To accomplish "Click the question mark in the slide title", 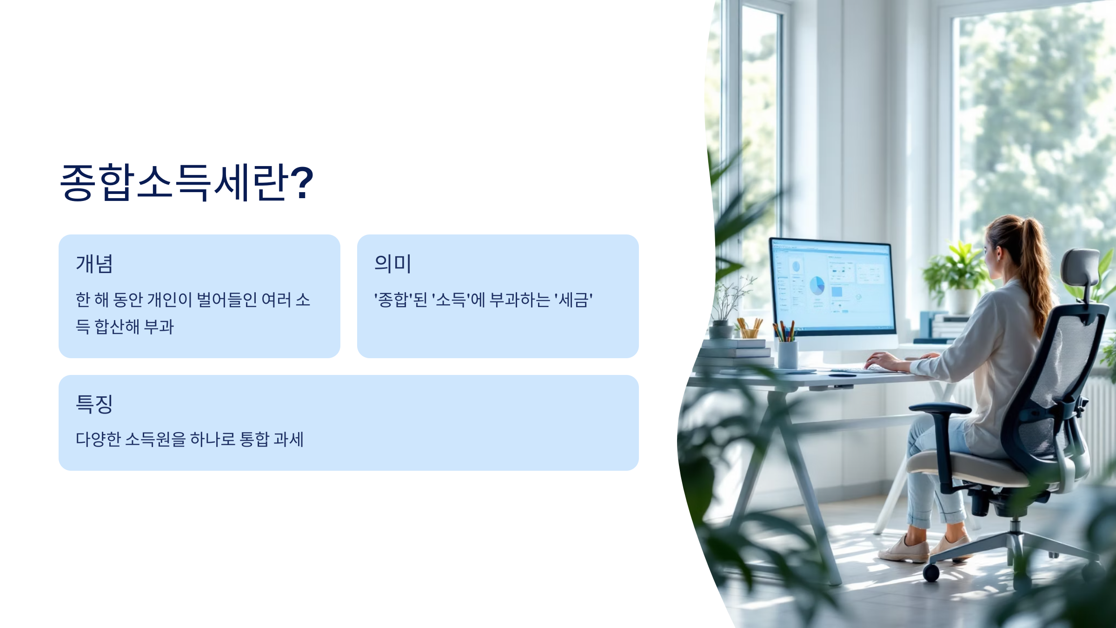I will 302,182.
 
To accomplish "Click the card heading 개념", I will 94,264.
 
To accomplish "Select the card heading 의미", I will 392,264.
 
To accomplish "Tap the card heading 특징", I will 94,404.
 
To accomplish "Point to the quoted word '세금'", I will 573,300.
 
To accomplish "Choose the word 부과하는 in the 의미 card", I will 520,300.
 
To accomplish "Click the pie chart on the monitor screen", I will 817,285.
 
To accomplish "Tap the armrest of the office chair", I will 939,408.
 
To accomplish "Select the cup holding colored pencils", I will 788,354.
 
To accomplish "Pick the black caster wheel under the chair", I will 931,573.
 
